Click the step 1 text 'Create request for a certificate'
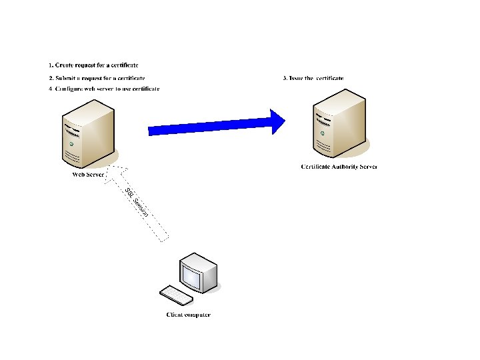coord(97,65)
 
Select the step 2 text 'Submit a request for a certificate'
coord(100,79)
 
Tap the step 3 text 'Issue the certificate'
coord(317,79)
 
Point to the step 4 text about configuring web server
coord(107,89)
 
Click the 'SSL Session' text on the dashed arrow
coord(136,202)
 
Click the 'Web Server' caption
coord(88,175)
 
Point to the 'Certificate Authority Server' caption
coord(339,166)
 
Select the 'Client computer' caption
coord(188,315)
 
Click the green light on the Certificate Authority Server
coord(323,133)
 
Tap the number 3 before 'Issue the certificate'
coord(285,79)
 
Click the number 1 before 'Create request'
coord(50,65)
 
